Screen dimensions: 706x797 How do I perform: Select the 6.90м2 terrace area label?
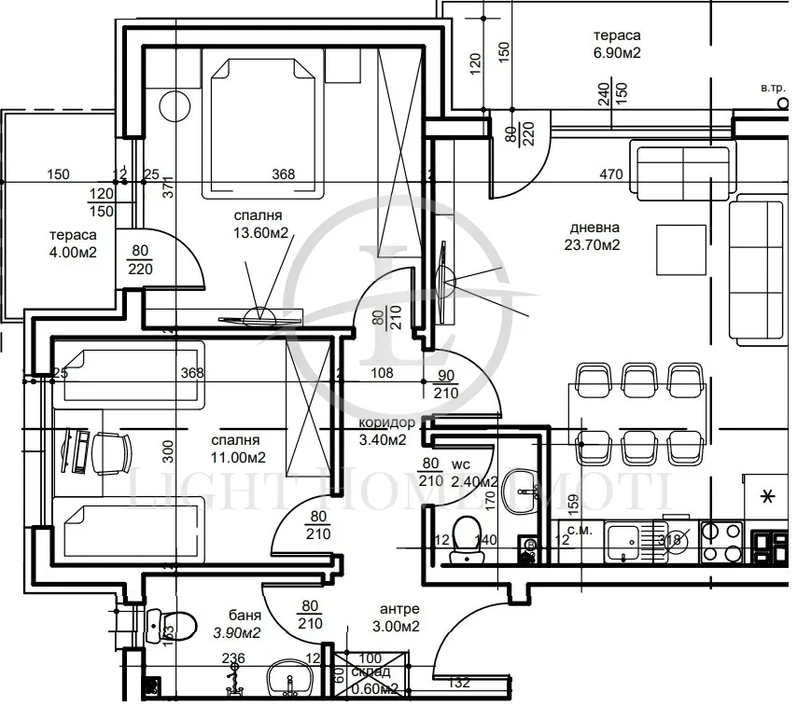tap(617, 53)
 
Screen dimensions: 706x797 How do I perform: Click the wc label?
tap(460, 464)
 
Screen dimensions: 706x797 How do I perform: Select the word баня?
tap(244, 616)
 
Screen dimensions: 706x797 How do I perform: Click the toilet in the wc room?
tap(463, 540)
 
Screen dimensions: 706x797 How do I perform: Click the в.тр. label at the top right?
tap(774, 88)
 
